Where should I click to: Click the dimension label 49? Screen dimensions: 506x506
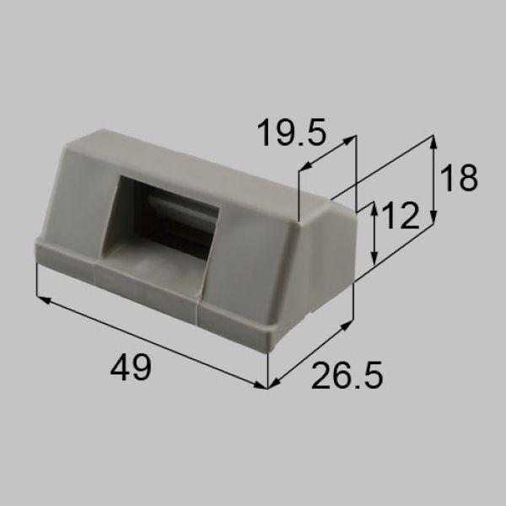(x=131, y=369)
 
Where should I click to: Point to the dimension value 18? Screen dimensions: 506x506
(x=459, y=179)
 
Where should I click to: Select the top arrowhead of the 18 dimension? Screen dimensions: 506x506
(x=433, y=142)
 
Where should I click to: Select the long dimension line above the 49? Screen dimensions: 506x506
(x=152, y=342)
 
